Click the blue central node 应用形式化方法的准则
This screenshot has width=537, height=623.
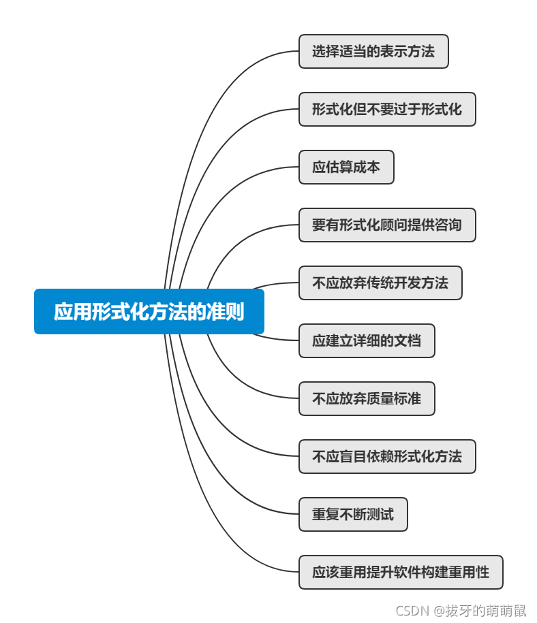point(149,312)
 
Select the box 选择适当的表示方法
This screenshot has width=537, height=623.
point(373,52)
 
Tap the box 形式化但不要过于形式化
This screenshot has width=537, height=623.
point(387,110)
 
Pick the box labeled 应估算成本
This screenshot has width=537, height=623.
point(346,167)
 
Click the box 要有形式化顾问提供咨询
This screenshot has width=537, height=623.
point(387,225)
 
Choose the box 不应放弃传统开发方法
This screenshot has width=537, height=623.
point(380,283)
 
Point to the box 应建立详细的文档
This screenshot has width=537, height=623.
point(367,341)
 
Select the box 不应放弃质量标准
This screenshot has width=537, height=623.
point(367,399)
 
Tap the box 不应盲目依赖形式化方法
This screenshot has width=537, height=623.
point(387,457)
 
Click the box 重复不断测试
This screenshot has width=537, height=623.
point(353,515)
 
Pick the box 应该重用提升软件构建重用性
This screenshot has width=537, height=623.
point(401,573)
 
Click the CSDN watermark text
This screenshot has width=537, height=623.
point(410,611)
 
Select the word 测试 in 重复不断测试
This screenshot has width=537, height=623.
point(380,515)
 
